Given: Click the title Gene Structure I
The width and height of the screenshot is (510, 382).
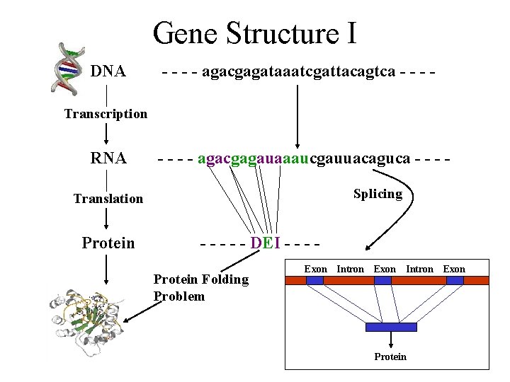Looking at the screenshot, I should (x=254, y=33).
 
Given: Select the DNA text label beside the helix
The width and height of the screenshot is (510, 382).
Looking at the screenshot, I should (x=108, y=71).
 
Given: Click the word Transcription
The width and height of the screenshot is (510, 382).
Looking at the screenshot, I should (x=106, y=114).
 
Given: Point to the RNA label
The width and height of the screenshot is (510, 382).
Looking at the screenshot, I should (x=108, y=158).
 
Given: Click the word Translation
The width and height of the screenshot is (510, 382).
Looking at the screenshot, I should (x=108, y=199).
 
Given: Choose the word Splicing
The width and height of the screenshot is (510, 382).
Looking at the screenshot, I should (x=378, y=194).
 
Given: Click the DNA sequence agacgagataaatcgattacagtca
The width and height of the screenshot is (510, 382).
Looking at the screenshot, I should (x=298, y=71).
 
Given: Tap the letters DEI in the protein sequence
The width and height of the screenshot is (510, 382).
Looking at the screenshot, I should (x=266, y=243).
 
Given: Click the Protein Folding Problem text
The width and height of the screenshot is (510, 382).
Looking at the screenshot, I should (x=200, y=287).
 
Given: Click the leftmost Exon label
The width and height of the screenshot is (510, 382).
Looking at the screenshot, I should (x=315, y=269).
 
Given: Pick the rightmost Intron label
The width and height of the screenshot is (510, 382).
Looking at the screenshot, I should (x=419, y=269).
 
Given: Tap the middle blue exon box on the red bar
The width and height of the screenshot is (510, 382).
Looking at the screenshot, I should (x=382, y=280).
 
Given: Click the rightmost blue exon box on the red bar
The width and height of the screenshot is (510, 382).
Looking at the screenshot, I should (x=455, y=280).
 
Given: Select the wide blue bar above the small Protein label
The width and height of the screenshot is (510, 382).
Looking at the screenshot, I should (x=391, y=326).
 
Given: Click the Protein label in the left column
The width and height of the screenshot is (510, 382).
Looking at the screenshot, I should (x=108, y=243).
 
